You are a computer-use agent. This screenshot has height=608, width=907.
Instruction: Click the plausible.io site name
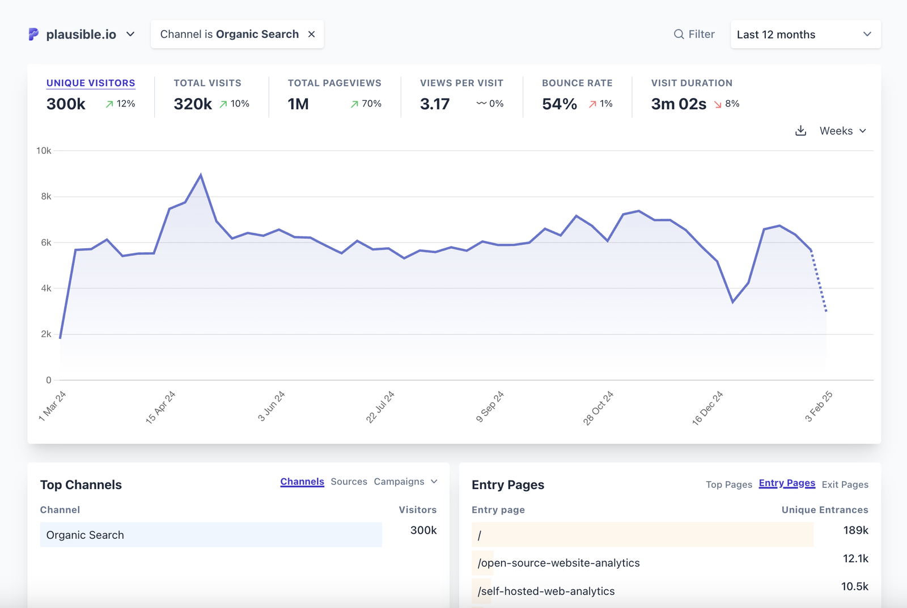(x=81, y=35)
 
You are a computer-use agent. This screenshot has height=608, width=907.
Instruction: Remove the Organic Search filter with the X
(x=311, y=35)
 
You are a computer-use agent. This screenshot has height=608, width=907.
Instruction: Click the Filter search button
(x=694, y=35)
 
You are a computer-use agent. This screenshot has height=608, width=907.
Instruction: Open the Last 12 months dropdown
(x=805, y=35)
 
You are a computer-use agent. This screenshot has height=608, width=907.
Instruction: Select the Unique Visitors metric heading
(x=91, y=83)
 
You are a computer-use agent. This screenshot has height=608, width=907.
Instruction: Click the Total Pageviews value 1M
(x=298, y=104)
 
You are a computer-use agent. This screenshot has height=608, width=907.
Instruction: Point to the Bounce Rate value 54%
(x=559, y=104)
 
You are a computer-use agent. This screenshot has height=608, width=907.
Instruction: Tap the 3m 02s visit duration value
(x=679, y=104)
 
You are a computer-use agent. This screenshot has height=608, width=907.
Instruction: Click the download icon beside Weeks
(x=800, y=131)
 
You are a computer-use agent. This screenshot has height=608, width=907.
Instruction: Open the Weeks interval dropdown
(x=842, y=131)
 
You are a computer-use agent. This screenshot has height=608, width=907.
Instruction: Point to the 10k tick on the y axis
(x=44, y=151)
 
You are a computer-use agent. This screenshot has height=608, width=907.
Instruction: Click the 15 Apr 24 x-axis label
(x=160, y=407)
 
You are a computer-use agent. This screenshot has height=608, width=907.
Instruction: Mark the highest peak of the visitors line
(x=201, y=175)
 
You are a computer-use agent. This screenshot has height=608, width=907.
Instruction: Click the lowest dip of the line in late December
(x=732, y=302)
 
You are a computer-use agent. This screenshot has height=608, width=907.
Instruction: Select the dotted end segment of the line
(x=819, y=282)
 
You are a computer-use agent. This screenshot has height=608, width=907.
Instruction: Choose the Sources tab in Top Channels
(x=349, y=482)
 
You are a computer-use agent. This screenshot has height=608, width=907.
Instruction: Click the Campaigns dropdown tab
(x=405, y=482)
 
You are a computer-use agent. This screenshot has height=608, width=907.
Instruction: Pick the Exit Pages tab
(x=845, y=484)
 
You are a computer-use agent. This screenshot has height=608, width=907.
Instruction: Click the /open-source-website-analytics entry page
(x=558, y=563)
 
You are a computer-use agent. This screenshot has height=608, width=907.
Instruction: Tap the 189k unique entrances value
(x=855, y=530)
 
